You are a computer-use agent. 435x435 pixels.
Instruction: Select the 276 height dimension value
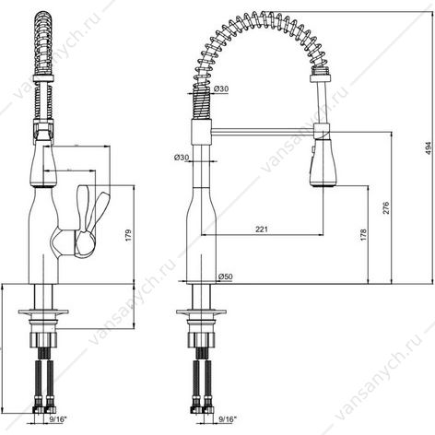(x=386, y=207)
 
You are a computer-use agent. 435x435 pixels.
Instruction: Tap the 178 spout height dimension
(x=363, y=235)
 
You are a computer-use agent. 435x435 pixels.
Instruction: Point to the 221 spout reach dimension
(x=262, y=229)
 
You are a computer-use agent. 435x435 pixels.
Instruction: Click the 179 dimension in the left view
(x=128, y=235)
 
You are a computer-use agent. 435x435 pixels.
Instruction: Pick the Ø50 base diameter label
(x=226, y=276)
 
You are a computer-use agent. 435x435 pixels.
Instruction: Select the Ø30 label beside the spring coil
(x=221, y=89)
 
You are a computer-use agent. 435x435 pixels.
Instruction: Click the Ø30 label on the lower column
(x=182, y=158)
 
